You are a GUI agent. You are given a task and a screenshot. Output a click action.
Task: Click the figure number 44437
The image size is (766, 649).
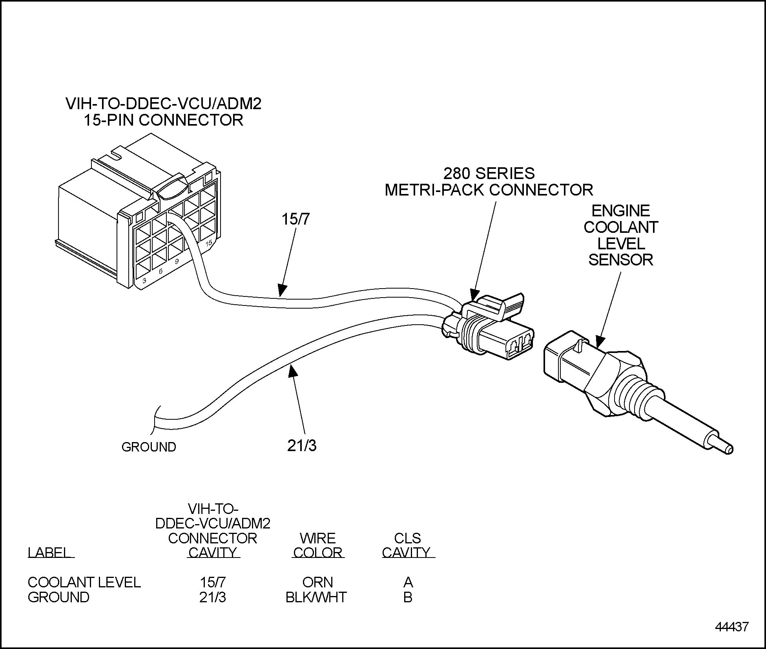click(731, 627)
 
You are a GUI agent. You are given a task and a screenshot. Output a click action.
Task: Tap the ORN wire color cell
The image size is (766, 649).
click(317, 582)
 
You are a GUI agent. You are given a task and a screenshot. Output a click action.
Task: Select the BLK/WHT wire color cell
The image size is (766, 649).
click(316, 597)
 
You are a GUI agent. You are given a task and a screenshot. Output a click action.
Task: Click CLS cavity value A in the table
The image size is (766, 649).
click(408, 582)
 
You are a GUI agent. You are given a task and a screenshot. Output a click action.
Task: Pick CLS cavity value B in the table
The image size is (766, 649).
click(408, 597)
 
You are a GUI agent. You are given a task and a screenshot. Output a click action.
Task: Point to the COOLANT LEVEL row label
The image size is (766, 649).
click(84, 582)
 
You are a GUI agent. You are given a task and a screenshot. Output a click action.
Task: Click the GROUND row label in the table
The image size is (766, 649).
click(58, 597)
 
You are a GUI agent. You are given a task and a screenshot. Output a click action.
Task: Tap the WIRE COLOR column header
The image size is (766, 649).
click(317, 545)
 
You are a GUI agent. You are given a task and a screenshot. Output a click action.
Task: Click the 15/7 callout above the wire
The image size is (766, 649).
click(295, 219)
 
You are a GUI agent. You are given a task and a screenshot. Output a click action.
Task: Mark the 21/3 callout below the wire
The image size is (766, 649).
click(301, 446)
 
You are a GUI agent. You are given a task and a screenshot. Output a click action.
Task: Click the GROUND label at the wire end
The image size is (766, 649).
click(149, 447)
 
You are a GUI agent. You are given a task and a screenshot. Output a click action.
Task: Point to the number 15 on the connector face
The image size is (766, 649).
click(209, 243)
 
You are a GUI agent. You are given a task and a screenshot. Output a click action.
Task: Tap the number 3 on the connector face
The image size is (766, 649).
click(144, 281)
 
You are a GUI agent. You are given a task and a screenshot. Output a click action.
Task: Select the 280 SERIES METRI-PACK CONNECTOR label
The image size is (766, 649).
click(489, 181)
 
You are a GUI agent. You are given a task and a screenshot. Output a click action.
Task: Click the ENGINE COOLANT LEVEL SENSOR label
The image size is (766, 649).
click(620, 235)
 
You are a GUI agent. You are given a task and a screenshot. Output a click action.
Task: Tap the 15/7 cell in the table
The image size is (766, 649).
click(212, 582)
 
